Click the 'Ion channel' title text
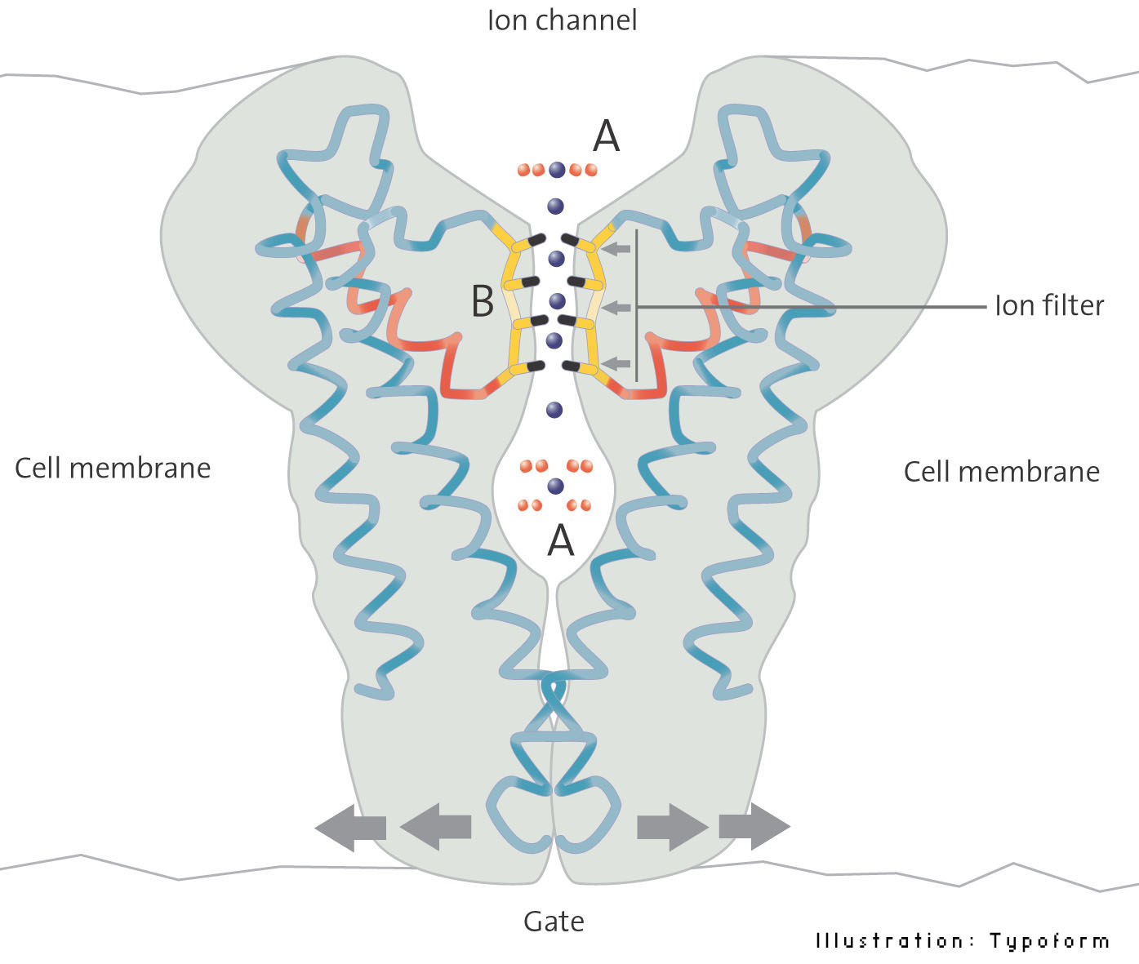[x=562, y=20]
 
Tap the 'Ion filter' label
[x=1049, y=306]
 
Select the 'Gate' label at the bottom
[x=554, y=922]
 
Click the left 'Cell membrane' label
[x=113, y=469]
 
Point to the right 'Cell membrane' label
[x=1001, y=472]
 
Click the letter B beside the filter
[x=483, y=301]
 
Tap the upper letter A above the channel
[x=606, y=136]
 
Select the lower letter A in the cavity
[x=561, y=540]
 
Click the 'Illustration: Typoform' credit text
[x=963, y=941]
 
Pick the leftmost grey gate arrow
[x=349, y=827]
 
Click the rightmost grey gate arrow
[x=754, y=827]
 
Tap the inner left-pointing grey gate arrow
[x=435, y=827]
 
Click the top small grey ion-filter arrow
[x=620, y=248]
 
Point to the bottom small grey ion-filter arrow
[x=620, y=362]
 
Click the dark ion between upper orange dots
[x=557, y=170]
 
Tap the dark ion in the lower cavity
[x=556, y=486]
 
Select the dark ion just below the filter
[x=554, y=409]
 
